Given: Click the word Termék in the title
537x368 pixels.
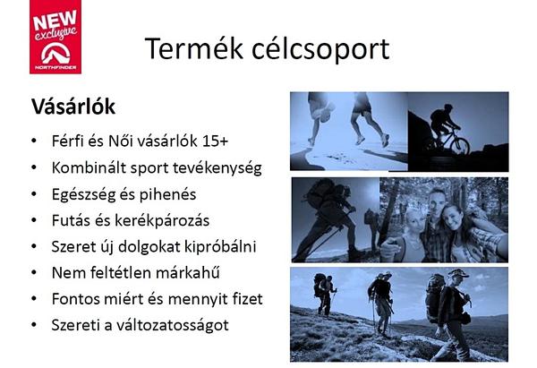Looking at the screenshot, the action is [194, 48].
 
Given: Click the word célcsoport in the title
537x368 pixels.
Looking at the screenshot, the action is [320, 49].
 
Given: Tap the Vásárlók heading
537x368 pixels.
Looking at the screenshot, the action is [73, 107].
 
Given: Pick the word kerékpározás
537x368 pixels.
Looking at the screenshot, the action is [162, 220].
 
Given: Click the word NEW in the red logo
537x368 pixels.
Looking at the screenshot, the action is [55, 20].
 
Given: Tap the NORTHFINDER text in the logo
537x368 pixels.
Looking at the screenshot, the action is [55, 67].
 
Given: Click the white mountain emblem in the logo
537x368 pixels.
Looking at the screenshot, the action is [55, 53].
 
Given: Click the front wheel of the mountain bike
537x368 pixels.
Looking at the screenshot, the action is [460, 146].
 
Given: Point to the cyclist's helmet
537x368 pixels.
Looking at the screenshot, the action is [448, 107].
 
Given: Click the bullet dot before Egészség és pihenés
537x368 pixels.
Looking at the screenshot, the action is [34, 194].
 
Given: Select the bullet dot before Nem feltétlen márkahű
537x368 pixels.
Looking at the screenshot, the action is [34, 272].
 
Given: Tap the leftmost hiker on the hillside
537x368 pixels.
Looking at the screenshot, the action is [324, 294].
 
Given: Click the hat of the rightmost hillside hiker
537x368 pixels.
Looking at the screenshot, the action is [458, 273].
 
